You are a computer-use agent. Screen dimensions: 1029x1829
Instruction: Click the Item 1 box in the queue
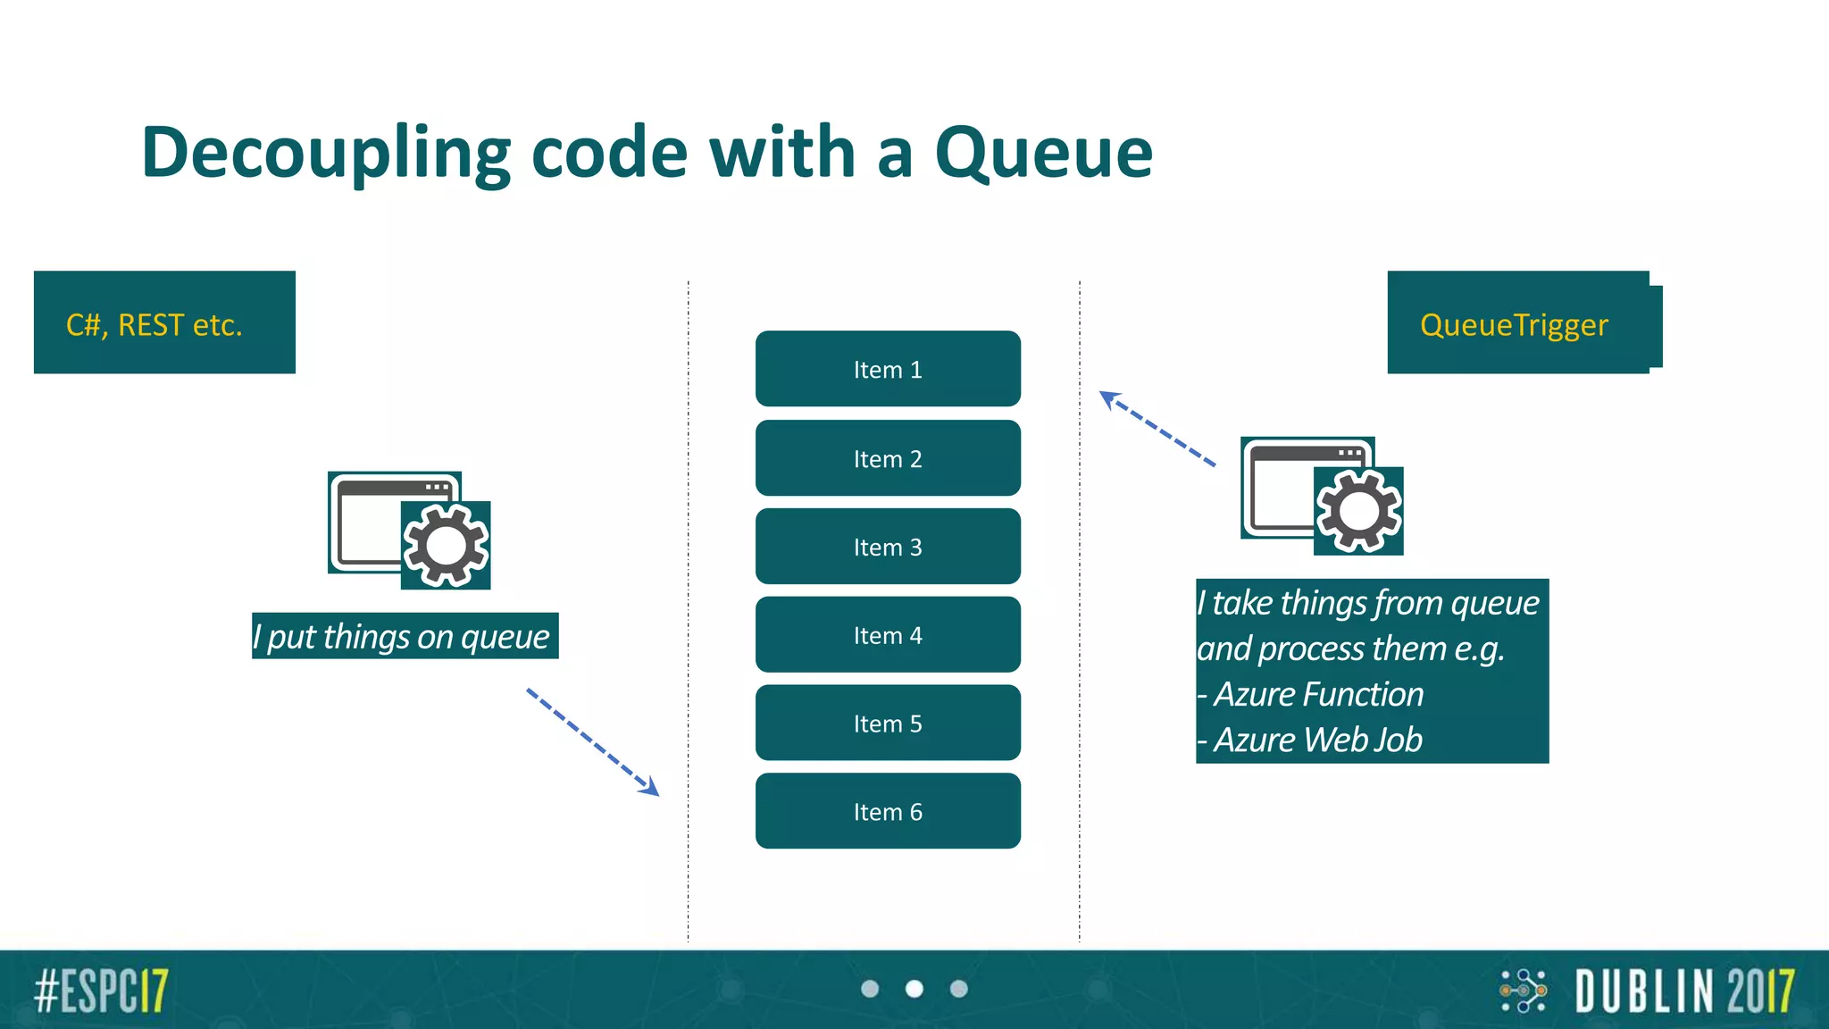pos(888,369)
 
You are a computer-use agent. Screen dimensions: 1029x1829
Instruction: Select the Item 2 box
pos(888,458)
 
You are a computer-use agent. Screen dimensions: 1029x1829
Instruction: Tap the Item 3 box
pos(888,547)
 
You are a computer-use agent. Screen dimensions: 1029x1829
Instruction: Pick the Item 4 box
pos(888,635)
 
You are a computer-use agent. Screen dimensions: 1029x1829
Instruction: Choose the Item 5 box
pos(888,724)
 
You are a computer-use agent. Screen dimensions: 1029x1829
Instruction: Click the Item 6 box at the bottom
pos(888,811)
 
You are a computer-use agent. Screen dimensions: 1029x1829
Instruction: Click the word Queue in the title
pos(1043,154)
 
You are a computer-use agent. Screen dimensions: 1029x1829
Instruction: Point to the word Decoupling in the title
pos(326,154)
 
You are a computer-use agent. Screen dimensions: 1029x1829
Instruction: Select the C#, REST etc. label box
pos(164,322)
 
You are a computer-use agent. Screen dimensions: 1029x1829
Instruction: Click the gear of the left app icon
pos(446,545)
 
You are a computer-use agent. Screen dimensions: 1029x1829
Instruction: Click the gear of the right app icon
pos(1358,511)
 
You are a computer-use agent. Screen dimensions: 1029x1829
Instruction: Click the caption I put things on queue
pos(405,636)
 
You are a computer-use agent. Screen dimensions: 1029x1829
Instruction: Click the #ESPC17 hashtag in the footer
pos(101,991)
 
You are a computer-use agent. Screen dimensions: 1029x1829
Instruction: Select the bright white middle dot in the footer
pos(914,989)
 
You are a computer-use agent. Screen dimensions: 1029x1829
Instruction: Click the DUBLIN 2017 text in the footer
pos(1684,991)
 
